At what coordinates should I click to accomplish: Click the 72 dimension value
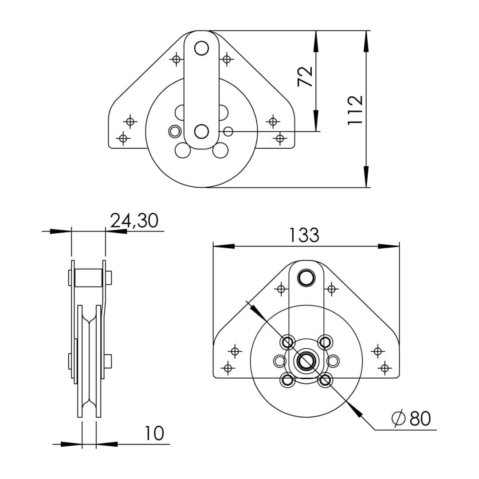(x=305, y=76)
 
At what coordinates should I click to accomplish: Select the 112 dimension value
(x=356, y=110)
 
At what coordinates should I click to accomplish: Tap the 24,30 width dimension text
(x=134, y=220)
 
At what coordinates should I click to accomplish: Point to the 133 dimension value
(x=304, y=235)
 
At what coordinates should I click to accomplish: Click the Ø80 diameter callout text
(x=411, y=418)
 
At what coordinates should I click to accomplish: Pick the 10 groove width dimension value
(x=154, y=433)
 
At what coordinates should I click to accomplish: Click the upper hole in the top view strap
(x=201, y=48)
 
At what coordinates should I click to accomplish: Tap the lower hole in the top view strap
(x=201, y=132)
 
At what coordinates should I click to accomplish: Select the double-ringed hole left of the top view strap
(x=174, y=132)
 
